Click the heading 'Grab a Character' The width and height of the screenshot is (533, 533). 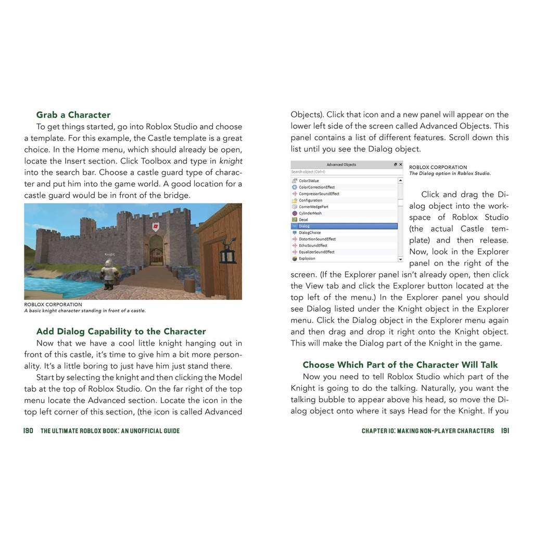tap(73, 115)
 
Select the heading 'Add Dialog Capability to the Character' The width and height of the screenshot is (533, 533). tap(121, 332)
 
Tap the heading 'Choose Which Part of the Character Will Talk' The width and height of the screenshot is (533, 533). tap(400, 365)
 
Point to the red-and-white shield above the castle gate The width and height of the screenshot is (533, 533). tap(156, 227)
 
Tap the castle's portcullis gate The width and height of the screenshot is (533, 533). tap(156, 256)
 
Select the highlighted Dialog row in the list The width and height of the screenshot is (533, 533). tap(344, 226)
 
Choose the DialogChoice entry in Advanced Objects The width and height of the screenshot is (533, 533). tap(310, 233)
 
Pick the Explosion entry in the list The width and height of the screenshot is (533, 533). tap(307, 259)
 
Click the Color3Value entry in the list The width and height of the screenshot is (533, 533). tap(309, 181)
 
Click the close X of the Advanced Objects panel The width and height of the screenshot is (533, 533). tap(400, 164)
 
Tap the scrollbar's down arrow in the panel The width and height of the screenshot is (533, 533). tap(400, 259)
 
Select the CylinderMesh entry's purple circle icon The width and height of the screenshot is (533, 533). tap(295, 213)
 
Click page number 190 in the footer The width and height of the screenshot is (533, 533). tap(28, 431)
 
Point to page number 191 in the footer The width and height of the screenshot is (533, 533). tap(505, 431)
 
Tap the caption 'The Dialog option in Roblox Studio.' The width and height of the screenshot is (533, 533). tap(450, 174)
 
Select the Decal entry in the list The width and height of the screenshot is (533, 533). tap(303, 220)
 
